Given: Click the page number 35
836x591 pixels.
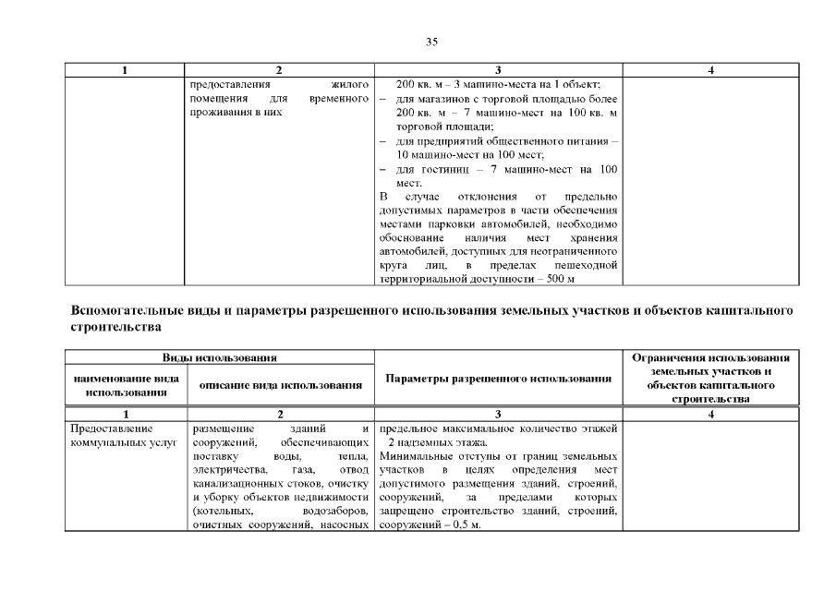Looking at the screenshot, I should [431, 42].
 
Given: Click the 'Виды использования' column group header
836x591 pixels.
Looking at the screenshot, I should [221, 357].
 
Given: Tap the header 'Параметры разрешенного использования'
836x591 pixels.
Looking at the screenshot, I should [499, 379].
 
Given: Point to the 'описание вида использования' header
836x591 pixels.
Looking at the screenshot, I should [279, 385].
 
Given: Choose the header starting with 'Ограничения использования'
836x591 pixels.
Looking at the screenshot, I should [710, 357].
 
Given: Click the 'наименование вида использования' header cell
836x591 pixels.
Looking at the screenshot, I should [126, 385].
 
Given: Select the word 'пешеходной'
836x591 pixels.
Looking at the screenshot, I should [585, 266].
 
